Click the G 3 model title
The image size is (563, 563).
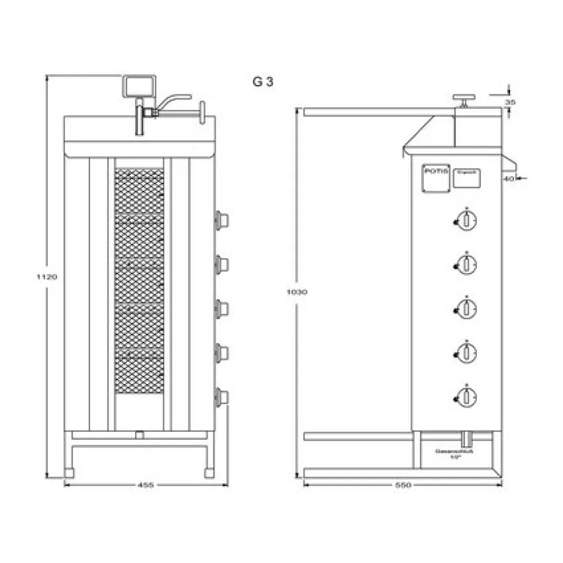point(262,82)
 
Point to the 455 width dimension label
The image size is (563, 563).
point(146,485)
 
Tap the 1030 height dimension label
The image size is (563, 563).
point(294,292)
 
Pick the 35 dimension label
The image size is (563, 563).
point(510,102)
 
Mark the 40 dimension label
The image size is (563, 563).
point(508,178)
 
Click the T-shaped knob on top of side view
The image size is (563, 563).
point(464,100)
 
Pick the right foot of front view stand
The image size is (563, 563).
point(209,473)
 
